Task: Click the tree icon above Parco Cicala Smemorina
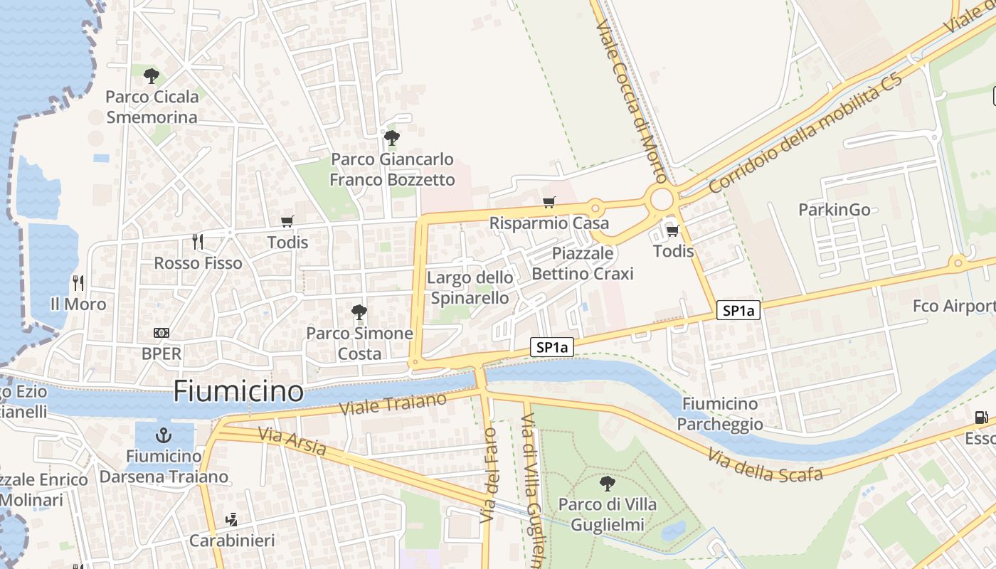[151, 76]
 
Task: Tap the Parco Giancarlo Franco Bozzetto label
[392, 169]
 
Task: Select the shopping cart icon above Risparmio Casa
[549, 203]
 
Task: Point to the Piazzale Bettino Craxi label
[582, 263]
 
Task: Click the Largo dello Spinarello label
[470, 287]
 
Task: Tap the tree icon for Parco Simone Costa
[359, 312]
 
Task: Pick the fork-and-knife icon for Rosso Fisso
[198, 242]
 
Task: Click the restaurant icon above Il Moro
[78, 283]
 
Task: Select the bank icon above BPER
[161, 333]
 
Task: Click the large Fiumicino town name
[238, 391]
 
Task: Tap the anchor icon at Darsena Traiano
[164, 435]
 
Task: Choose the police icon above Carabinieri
[231, 520]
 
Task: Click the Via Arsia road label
[292, 441]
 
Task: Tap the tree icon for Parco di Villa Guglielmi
[608, 484]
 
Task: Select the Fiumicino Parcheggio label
[719, 414]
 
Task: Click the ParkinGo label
[834, 210]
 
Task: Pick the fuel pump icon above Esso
[981, 418]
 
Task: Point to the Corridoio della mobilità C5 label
[805, 132]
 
